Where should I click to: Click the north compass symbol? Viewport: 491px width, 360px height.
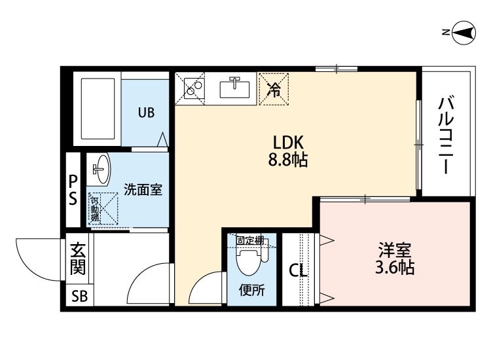pyautogui.click(x=464, y=33)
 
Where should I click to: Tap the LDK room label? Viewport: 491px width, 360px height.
pyautogui.click(x=289, y=143)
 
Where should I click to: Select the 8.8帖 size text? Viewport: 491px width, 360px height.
pyautogui.click(x=288, y=160)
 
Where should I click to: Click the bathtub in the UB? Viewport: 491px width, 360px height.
pyautogui.click(x=98, y=108)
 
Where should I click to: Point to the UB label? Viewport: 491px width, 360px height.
pyautogui.click(x=146, y=113)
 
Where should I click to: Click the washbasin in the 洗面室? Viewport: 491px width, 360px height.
pyautogui.click(x=101, y=169)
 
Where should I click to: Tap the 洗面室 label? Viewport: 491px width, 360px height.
pyautogui.click(x=143, y=189)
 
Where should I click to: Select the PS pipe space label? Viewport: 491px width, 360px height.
pyautogui.click(x=73, y=189)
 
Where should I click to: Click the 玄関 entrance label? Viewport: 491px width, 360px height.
pyautogui.click(x=78, y=259)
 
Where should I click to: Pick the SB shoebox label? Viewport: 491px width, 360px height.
pyautogui.click(x=79, y=296)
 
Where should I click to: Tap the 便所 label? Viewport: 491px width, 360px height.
pyautogui.click(x=252, y=291)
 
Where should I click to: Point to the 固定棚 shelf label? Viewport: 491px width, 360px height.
pyautogui.click(x=250, y=240)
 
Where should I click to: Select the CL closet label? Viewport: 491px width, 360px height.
pyautogui.click(x=298, y=270)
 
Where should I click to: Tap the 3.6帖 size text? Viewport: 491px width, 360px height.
pyautogui.click(x=395, y=267)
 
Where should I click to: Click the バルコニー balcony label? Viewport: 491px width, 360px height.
pyautogui.click(x=446, y=135)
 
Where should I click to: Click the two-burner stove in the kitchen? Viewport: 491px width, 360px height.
pyautogui.click(x=194, y=87)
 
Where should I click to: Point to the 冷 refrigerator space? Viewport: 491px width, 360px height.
pyautogui.click(x=274, y=89)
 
